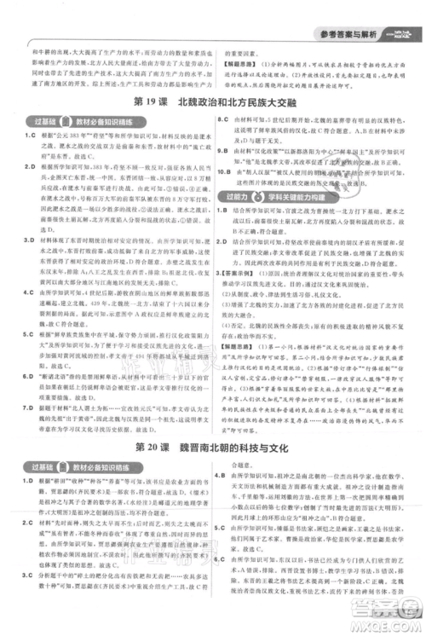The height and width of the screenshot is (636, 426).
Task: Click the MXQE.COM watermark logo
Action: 394,614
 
